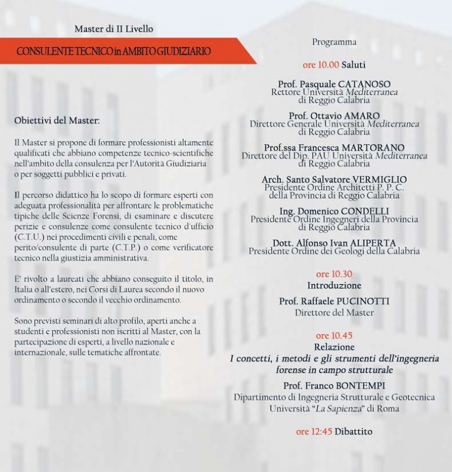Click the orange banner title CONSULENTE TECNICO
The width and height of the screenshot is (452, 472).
click(x=114, y=52)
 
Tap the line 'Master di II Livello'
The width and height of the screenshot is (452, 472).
click(x=114, y=29)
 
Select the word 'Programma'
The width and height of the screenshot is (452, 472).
click(x=334, y=42)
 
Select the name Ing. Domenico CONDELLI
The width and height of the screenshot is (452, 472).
click(x=334, y=211)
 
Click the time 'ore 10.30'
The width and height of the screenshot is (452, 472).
click(x=334, y=274)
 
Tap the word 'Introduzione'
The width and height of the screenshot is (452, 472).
click(x=334, y=286)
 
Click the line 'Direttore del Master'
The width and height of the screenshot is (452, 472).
click(x=334, y=313)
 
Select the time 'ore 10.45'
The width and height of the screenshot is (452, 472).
click(x=334, y=336)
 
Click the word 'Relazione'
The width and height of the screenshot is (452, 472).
click(x=334, y=347)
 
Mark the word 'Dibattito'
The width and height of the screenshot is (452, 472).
click(x=353, y=431)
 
